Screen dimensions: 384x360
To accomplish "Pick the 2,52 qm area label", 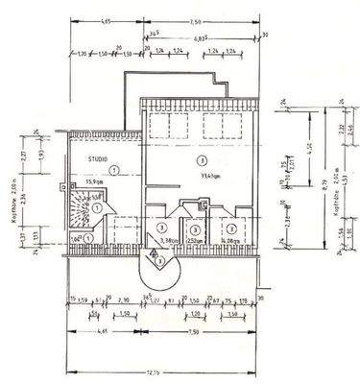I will click(x=195, y=241).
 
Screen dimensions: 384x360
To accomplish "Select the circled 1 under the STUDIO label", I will click(x=113, y=169).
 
